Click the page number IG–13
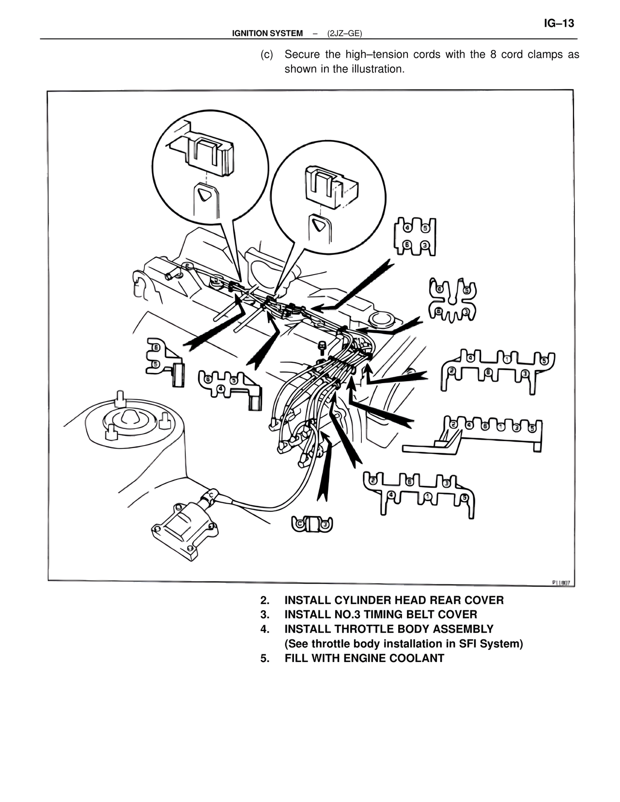click(x=558, y=23)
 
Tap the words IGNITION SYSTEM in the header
click(x=267, y=33)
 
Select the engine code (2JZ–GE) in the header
click(x=344, y=33)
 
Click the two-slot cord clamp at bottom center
click(x=312, y=524)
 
